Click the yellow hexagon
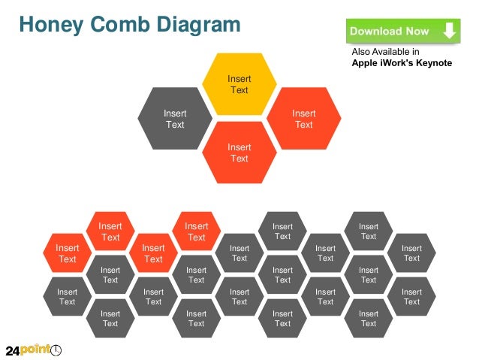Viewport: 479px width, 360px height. point(239,84)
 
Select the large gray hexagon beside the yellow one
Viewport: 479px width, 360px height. point(175,118)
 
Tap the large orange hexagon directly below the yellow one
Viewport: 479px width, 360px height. point(239,153)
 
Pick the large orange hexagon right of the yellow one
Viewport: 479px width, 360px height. point(303,118)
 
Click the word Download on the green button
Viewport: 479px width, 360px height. point(377,32)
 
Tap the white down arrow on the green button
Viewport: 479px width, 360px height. point(449,31)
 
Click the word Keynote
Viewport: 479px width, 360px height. point(431,63)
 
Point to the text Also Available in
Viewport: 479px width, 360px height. point(385,52)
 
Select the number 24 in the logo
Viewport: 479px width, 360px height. point(13,351)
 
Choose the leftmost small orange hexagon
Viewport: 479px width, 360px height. point(68,253)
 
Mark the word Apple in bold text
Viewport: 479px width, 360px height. point(366,63)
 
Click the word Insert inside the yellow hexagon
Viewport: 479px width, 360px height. point(239,79)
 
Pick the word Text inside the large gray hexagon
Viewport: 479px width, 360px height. point(175,124)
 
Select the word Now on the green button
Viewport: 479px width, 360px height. point(419,32)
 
